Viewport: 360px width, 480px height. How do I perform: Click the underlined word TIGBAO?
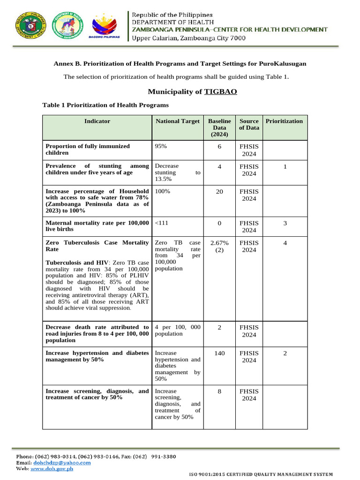pyautogui.click(x=220, y=91)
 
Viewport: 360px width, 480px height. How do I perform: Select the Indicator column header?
pyautogui.click(x=97, y=121)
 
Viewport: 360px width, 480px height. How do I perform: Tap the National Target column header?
pyautogui.click(x=177, y=121)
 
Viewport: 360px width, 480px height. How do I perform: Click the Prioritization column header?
pyautogui.click(x=284, y=121)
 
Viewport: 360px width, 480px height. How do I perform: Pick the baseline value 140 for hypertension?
pyautogui.click(x=219, y=353)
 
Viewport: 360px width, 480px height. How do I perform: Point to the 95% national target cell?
pyautogui.click(x=161, y=146)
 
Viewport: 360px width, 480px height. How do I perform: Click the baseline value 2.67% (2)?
pyautogui.click(x=219, y=246)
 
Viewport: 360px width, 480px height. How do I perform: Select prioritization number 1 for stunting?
pyautogui.click(x=285, y=166)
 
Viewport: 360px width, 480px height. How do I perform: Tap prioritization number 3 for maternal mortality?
pyautogui.click(x=285, y=223)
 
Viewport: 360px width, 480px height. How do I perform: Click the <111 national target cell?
pyautogui.click(x=161, y=223)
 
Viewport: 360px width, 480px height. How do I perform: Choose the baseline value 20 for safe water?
pyautogui.click(x=219, y=191)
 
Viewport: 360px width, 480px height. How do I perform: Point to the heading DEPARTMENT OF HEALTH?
pyautogui.click(x=172, y=22)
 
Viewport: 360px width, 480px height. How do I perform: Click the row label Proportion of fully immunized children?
pyautogui.click(x=88, y=150)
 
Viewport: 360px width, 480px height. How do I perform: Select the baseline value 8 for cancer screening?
pyautogui.click(x=219, y=391)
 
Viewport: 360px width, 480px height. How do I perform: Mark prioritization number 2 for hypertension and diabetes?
pyautogui.click(x=285, y=353)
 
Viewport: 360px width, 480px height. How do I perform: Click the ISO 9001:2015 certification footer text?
pyautogui.click(x=261, y=474)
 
